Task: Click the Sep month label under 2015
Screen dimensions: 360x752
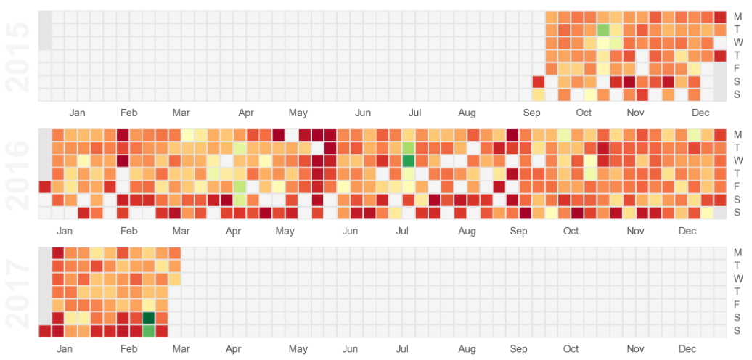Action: (532, 112)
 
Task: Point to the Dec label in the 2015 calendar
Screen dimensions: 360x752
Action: (700, 112)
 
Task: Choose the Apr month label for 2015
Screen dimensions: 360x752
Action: (245, 112)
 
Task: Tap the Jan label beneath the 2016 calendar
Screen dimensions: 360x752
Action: (65, 231)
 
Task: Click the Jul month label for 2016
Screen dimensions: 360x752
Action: (402, 231)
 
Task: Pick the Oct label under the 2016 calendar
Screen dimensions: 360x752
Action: (571, 231)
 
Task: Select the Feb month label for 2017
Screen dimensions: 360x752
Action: (129, 349)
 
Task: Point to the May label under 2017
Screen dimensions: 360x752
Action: (298, 349)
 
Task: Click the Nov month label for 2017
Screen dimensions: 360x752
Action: (636, 349)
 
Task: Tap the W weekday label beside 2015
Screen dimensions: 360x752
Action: (738, 42)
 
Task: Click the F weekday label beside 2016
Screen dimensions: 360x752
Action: (738, 187)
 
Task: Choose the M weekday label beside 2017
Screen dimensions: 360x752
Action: (738, 252)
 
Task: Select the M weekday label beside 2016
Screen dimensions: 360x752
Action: (738, 134)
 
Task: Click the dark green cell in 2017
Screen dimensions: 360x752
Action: (149, 318)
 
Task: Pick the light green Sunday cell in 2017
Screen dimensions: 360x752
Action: (149, 331)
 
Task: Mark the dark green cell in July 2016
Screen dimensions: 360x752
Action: (409, 160)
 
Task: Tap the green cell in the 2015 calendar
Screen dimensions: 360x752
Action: (603, 30)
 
